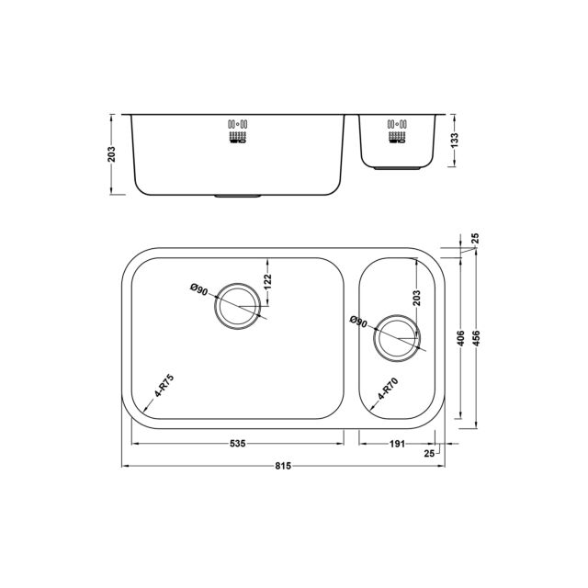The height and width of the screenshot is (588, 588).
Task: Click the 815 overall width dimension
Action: (x=283, y=466)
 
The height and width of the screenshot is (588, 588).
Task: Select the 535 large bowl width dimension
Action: (x=237, y=444)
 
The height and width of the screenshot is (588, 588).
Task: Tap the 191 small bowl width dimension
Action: (x=397, y=444)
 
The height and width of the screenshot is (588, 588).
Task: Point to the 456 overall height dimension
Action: (x=476, y=338)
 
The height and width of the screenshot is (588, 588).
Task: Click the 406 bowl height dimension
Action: (x=461, y=338)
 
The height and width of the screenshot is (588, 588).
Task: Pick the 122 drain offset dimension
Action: (x=267, y=282)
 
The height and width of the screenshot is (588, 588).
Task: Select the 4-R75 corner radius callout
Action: (x=164, y=385)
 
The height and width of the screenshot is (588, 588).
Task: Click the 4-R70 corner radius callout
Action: (x=388, y=389)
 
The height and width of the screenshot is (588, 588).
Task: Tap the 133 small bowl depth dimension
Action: (x=455, y=141)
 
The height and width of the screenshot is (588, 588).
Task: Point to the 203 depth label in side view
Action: (x=111, y=154)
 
